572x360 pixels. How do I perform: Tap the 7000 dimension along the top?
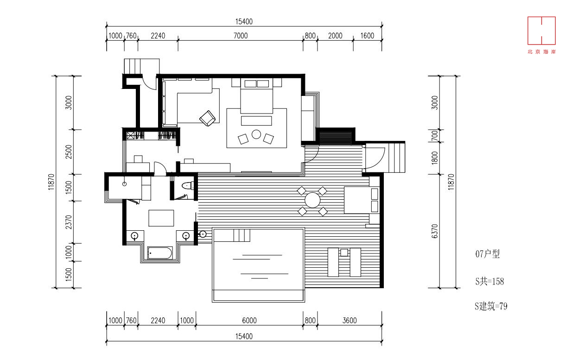click(241, 36)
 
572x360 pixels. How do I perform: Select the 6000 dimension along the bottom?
click(249, 321)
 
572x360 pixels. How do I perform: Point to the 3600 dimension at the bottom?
click(350, 321)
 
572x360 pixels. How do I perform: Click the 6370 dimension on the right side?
click(435, 231)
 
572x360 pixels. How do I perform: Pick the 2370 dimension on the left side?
click(69, 222)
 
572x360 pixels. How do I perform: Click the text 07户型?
click(487, 254)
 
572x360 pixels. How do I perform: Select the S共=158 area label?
click(489, 281)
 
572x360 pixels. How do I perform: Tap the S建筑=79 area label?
click(491, 306)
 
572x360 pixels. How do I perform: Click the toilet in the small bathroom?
click(188, 186)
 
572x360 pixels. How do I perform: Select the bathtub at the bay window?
click(159, 253)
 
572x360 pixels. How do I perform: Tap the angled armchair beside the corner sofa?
click(207, 118)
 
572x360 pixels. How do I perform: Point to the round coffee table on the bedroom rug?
click(256, 134)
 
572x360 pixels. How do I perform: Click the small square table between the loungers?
click(344, 253)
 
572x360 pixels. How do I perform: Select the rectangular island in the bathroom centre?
click(161, 218)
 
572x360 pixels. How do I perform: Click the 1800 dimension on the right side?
click(435, 158)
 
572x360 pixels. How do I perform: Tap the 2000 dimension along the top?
click(335, 36)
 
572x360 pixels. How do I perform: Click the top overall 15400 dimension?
click(244, 22)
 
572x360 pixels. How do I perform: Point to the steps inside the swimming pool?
click(242, 235)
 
